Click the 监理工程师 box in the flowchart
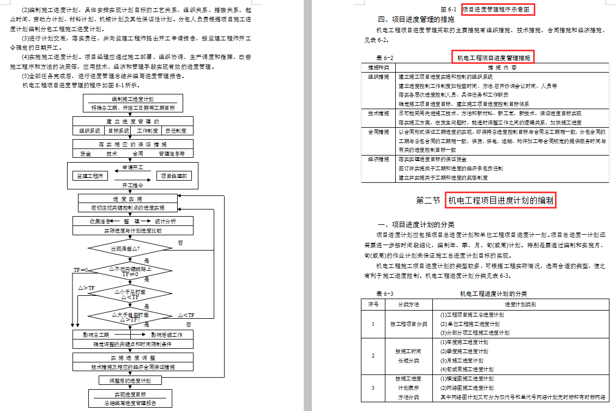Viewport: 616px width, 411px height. tap(90, 176)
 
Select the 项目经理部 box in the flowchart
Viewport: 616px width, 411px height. tap(173, 176)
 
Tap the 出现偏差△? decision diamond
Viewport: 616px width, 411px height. tap(125, 248)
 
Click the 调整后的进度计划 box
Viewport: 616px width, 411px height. tap(130, 380)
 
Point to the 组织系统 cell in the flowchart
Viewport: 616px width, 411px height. tap(90, 130)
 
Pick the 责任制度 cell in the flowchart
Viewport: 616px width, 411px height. tap(176, 130)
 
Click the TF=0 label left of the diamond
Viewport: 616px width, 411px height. tap(81, 270)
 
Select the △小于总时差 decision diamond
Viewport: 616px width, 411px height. tap(130, 294)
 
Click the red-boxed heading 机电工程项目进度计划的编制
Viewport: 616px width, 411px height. tap(500, 201)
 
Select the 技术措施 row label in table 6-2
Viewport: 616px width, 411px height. tap(379, 114)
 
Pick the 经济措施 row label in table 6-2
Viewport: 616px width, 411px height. tap(379, 159)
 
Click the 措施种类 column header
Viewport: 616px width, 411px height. tap(379, 68)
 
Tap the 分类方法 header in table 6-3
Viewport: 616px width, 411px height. tap(408, 304)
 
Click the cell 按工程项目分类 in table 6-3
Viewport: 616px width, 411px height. tap(408, 324)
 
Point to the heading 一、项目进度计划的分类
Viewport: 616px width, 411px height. tap(416, 225)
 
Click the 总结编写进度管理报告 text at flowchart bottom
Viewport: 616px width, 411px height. tap(131, 403)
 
